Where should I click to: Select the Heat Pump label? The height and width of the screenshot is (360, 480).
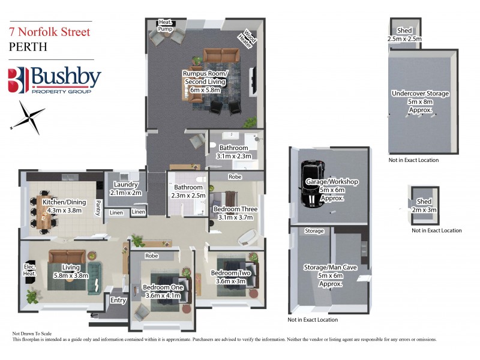tap(164, 25)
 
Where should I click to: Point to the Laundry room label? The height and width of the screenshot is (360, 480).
tap(125, 189)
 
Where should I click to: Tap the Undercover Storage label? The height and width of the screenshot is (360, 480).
tap(420, 102)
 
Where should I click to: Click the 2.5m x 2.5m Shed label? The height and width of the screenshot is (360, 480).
tap(405, 34)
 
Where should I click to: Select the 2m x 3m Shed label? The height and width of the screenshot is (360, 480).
tap(424, 205)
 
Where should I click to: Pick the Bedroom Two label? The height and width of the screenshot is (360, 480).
tap(229, 277)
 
